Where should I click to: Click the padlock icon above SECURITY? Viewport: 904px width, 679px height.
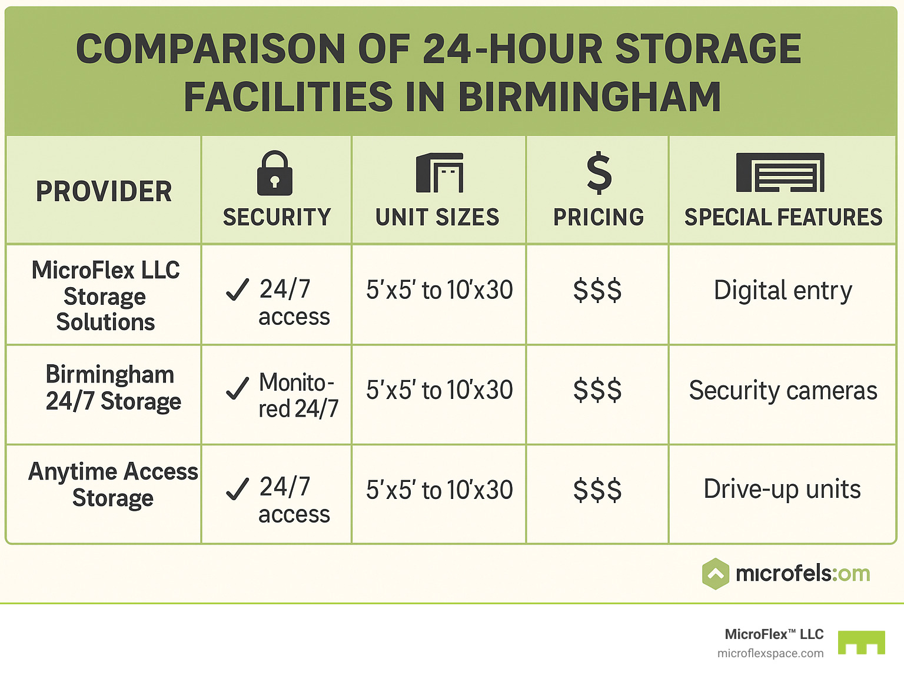[x=275, y=173]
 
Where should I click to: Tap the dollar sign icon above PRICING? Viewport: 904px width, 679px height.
[x=599, y=173]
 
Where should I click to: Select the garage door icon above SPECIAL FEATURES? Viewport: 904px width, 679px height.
[x=780, y=172]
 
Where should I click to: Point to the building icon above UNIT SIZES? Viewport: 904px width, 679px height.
[x=440, y=173]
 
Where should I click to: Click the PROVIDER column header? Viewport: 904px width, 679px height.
[x=104, y=192]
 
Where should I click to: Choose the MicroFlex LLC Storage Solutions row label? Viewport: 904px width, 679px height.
[x=105, y=296]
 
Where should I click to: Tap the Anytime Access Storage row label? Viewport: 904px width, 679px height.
[x=113, y=484]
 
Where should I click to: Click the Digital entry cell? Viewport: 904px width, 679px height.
[x=782, y=290]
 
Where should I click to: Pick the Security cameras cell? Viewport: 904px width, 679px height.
[x=783, y=390]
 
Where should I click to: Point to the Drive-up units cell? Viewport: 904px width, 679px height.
[x=782, y=489]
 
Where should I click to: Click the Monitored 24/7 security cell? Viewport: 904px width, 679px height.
[x=298, y=395]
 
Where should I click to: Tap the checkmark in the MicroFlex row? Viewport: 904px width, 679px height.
[x=237, y=289]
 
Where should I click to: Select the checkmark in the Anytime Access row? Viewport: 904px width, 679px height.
[x=237, y=489]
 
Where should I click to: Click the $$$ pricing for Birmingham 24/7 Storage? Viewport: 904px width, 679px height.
[x=597, y=390]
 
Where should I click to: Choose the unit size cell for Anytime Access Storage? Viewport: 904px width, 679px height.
[x=440, y=490]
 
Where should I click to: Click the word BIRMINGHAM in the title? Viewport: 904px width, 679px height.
[x=589, y=97]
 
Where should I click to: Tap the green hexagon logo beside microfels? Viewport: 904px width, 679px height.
[x=716, y=574]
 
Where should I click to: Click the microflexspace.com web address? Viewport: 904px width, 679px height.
[x=770, y=653]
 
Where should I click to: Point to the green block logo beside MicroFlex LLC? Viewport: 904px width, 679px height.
[x=862, y=643]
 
